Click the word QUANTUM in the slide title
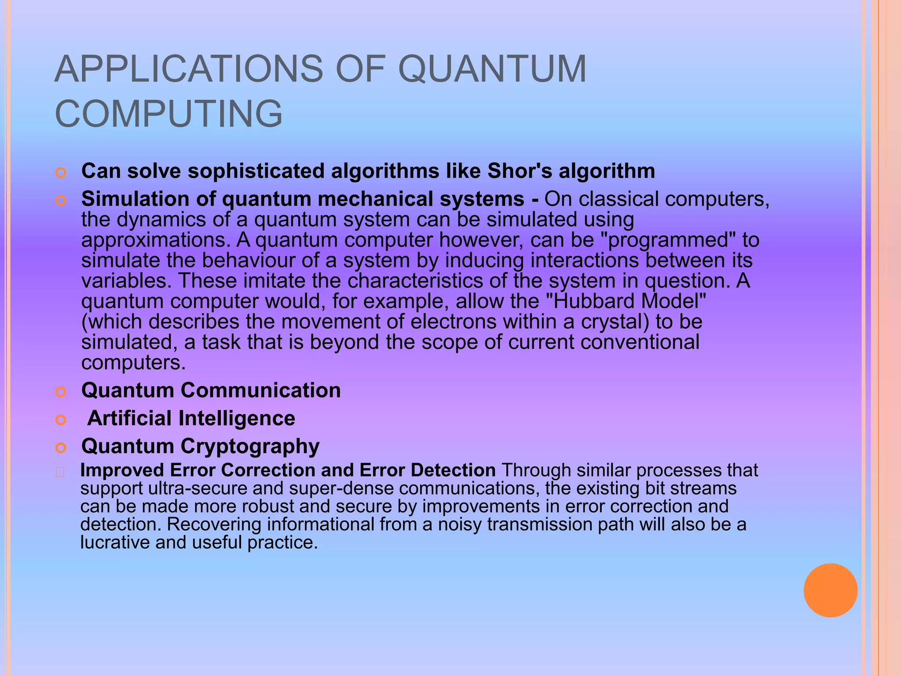point(492,69)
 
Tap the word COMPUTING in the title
point(168,114)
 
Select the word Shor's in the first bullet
point(520,171)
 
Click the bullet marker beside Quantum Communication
point(61,392)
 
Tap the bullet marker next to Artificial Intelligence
point(61,420)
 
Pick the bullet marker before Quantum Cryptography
point(61,448)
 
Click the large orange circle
point(830,590)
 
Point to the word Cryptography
point(250,446)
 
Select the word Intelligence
point(237,418)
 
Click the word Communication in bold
point(260,390)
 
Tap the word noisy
point(460,525)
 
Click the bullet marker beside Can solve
point(61,173)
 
